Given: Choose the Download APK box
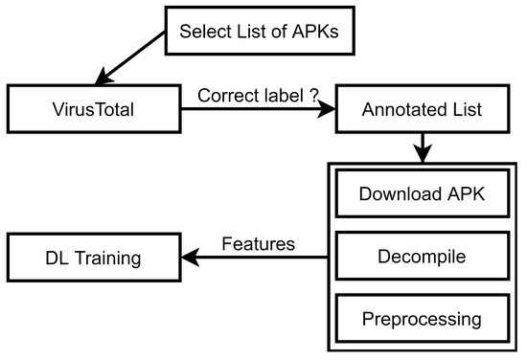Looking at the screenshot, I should [x=422, y=193].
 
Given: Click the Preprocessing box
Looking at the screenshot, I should [x=422, y=317].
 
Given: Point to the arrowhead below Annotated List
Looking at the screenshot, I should [x=422, y=155].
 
